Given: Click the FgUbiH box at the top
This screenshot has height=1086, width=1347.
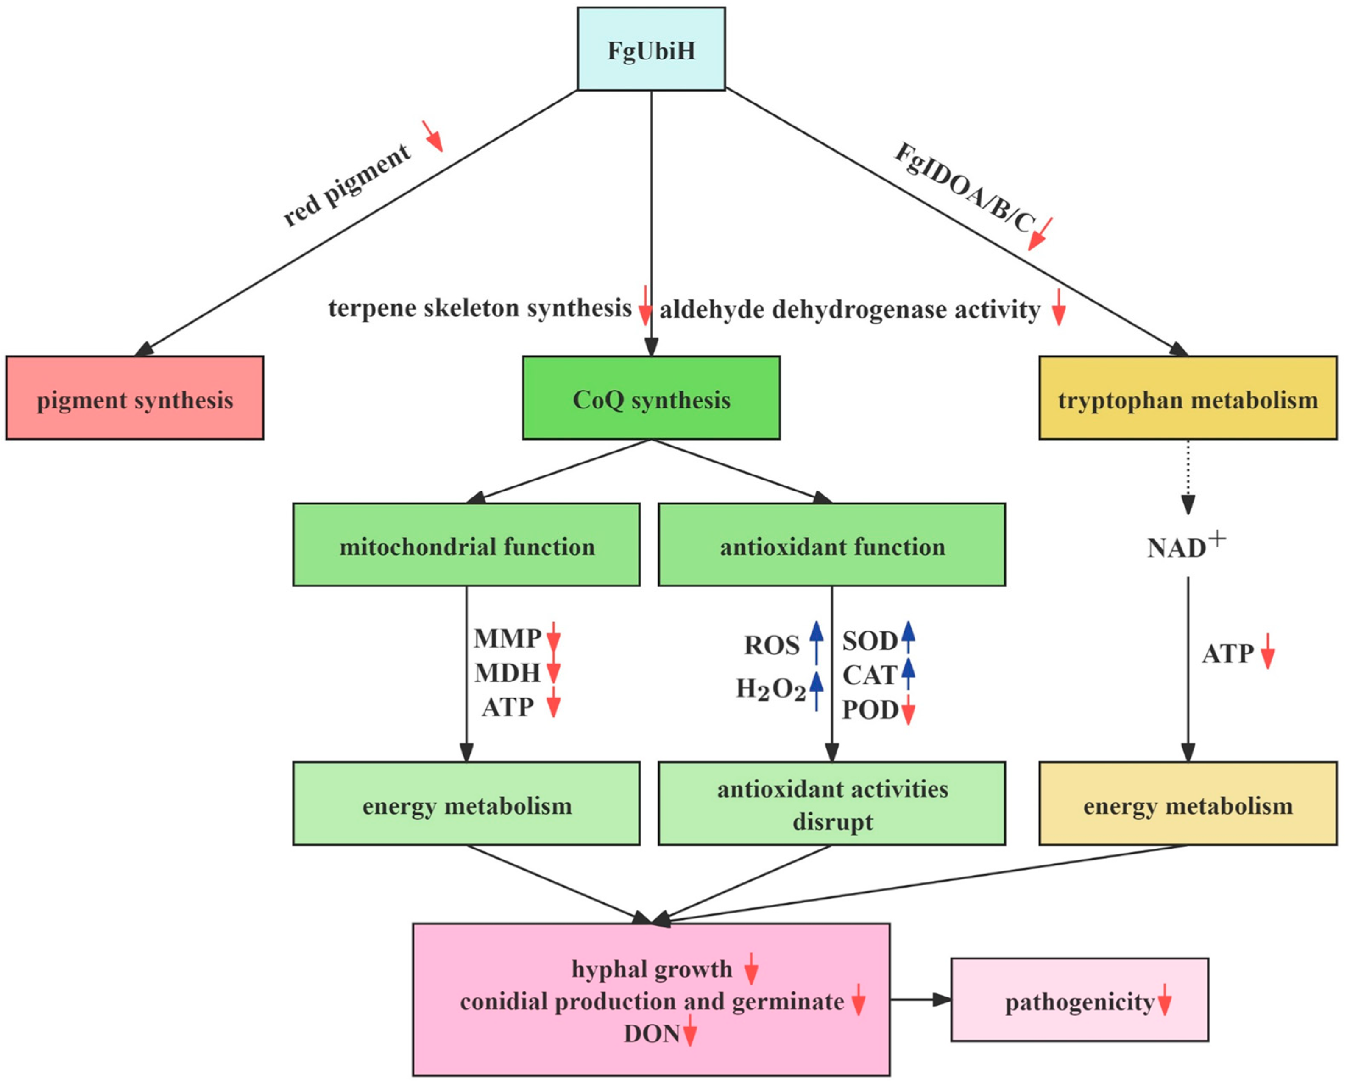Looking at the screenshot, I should pos(651,49).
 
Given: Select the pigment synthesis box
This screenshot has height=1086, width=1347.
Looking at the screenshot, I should pos(134,398).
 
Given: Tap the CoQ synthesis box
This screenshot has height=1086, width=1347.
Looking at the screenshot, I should pos(651,398).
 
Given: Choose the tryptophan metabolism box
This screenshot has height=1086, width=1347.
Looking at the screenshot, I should pos(1188,398).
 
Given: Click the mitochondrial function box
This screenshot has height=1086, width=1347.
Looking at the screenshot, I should pos(466,544).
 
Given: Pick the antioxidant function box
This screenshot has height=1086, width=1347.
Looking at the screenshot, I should pos(832,544).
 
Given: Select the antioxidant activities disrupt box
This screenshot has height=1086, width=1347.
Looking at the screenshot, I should pos(832,804).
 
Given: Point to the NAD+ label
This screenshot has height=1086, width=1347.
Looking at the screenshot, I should pos(1185,546).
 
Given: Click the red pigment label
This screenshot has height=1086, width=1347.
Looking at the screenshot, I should pos(347,185).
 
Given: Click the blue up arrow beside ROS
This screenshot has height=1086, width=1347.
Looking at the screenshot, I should pos(816,641).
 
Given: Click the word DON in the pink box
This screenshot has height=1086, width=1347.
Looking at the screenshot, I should pos(651,1034).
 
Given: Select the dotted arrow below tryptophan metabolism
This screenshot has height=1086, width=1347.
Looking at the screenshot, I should pos(1188,477).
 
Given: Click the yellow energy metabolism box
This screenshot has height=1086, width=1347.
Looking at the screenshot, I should pos(1188,804).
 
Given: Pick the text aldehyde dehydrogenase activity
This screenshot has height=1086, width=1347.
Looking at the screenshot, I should pos(849,310).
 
